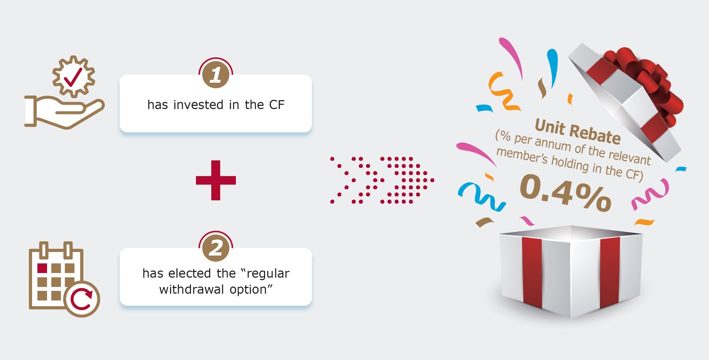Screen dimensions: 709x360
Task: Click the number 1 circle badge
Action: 216,75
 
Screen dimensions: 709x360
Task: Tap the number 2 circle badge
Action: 216,248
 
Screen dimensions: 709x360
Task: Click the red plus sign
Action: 216,180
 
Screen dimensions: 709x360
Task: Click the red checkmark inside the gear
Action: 73,77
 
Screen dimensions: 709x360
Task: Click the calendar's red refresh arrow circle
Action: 82,299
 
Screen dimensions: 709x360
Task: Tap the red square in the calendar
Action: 42,268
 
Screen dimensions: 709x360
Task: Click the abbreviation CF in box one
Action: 276,105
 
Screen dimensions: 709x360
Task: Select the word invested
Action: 198,105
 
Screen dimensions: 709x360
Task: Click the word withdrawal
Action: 192,289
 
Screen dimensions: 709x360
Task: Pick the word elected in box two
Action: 190,273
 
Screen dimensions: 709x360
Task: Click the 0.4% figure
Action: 566,193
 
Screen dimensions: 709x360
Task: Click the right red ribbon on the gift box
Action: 610,273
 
